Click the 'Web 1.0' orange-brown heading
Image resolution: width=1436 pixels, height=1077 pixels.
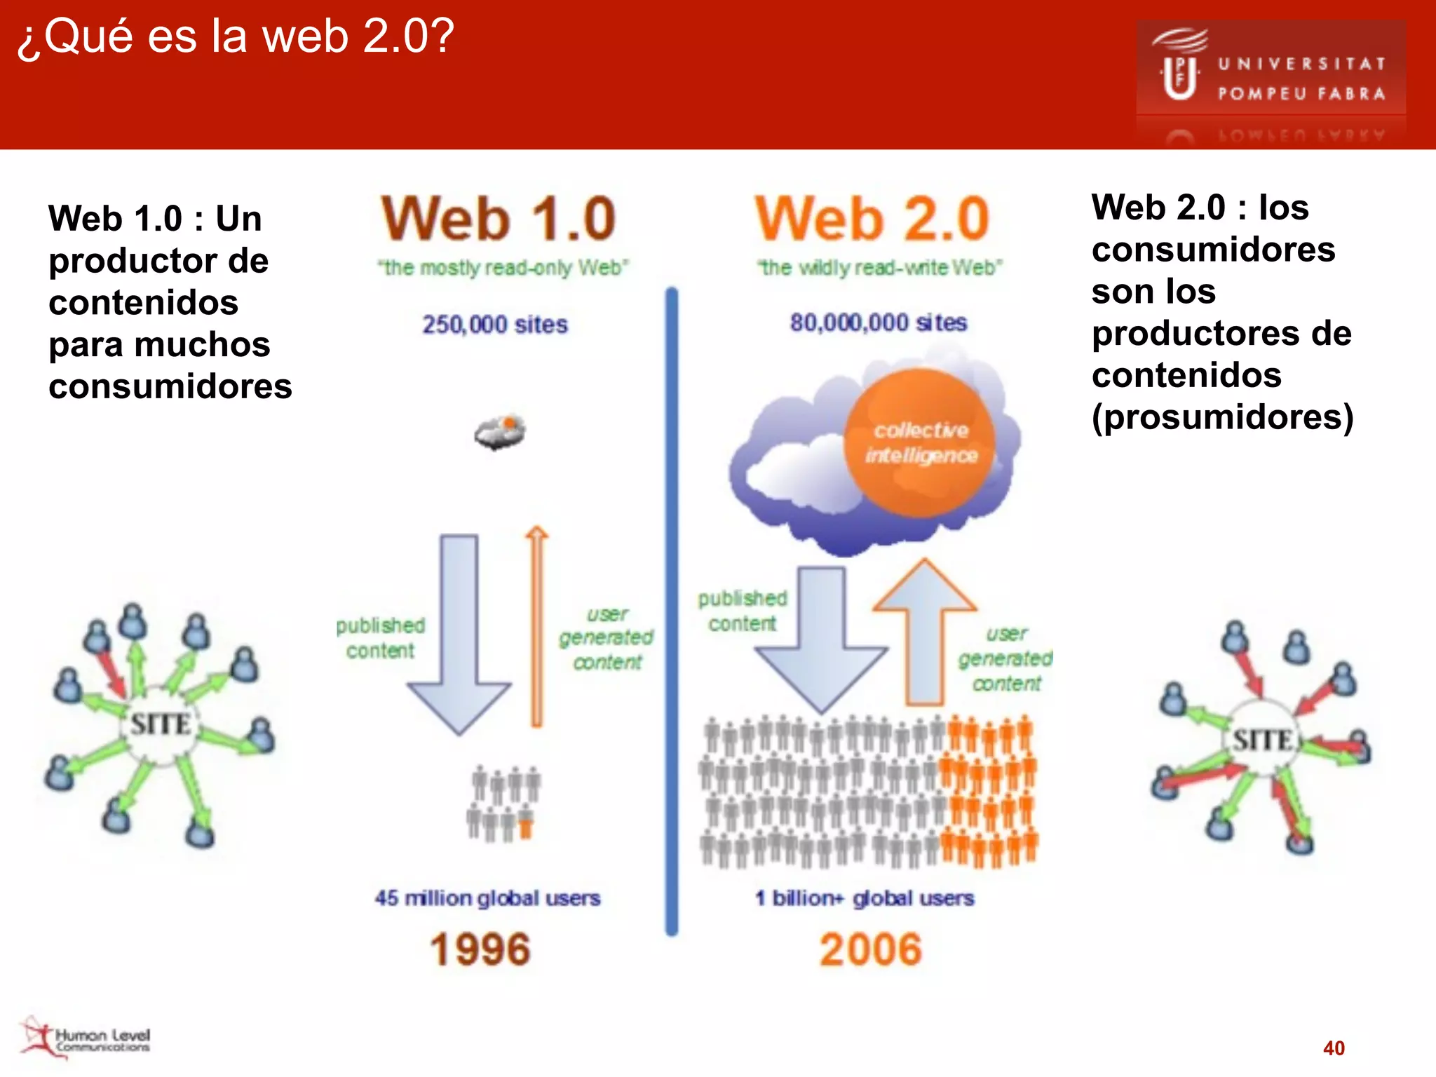click(499, 219)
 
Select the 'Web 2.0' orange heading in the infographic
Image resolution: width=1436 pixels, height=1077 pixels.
click(872, 219)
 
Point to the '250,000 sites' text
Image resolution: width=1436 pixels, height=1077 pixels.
click(495, 325)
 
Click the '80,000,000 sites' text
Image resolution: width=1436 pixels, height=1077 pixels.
click(879, 323)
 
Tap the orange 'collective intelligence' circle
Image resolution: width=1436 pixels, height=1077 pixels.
click(920, 443)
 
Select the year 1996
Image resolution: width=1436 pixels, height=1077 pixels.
click(480, 949)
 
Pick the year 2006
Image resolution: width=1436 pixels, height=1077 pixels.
click(870, 949)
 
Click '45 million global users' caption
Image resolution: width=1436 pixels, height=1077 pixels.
click(487, 898)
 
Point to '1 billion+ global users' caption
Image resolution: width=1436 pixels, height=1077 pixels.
click(865, 898)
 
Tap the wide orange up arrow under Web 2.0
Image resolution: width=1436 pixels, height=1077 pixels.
click(925, 631)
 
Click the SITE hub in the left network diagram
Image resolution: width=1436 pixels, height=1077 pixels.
click(161, 724)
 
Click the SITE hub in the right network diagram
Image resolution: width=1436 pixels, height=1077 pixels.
click(1263, 740)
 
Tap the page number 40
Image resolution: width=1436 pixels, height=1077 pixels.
click(1334, 1048)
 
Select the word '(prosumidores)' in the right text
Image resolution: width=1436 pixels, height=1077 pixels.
click(1222, 417)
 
